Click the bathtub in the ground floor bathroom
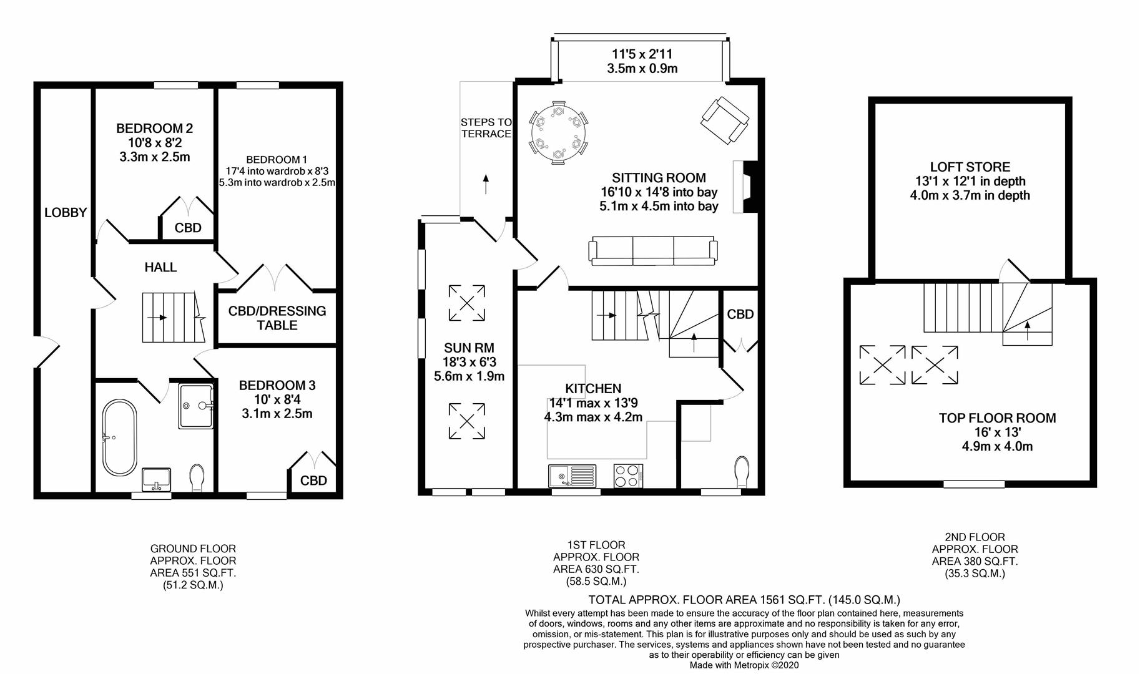[119, 439]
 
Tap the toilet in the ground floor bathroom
[197, 478]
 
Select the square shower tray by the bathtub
[196, 406]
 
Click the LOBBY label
[66, 213]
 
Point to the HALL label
[160, 267]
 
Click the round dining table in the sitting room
[559, 135]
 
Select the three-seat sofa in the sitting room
[653, 251]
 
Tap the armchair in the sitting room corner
[725, 120]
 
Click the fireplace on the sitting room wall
[745, 187]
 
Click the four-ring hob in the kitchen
[628, 476]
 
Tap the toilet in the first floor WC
[742, 472]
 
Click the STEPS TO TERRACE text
[486, 128]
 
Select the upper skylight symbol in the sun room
[467, 303]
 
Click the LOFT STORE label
[970, 167]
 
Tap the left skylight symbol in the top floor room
[882, 364]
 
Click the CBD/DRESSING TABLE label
[277, 318]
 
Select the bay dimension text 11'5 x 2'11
[642, 54]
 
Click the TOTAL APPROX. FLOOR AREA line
[744, 600]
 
